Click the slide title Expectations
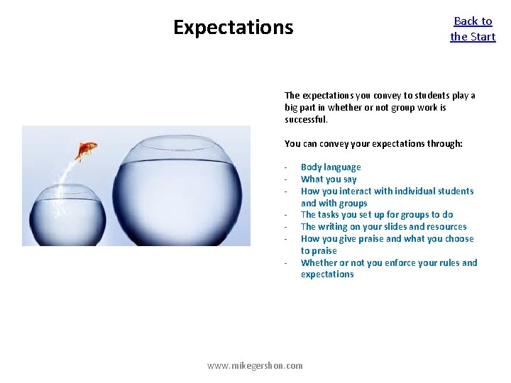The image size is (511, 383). pos(233,28)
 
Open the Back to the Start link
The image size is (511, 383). pos(473,28)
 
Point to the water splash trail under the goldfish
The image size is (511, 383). pos(71,174)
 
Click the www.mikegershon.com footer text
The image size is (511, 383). pos(255,365)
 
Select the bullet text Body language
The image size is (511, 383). pos(331,167)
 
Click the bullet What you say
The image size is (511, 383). pos(329,179)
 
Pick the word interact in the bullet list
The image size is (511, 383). pos(358,191)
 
